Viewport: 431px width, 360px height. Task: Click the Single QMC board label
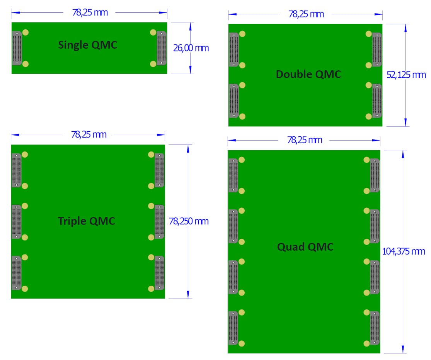coord(87,45)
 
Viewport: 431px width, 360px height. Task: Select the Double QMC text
coord(308,74)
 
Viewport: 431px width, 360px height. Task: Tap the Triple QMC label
coord(87,221)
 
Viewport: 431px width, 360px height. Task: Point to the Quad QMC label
coord(305,247)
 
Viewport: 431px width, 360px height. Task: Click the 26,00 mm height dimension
coord(191,48)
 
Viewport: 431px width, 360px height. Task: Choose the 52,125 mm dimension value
coord(406,75)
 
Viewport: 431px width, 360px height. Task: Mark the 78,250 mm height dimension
coord(189,221)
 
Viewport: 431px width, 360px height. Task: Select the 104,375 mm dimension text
coord(404,251)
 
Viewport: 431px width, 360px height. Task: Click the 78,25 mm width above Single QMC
coord(90,12)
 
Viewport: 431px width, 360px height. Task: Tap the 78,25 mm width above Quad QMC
coord(305,140)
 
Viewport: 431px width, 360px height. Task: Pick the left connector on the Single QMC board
coord(17,48)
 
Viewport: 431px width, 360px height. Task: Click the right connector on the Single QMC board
coord(161,48)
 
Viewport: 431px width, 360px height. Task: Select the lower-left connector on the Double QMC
coord(234,100)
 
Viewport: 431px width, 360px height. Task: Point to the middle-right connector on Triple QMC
coord(159,222)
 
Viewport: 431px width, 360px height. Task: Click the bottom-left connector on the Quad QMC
coord(233,328)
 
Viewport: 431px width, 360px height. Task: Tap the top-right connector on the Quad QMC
coord(375,175)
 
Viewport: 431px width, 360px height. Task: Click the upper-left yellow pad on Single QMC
coord(26,32)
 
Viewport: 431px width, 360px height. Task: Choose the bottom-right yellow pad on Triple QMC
coord(151,289)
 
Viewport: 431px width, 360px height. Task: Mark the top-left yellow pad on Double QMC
coord(242,34)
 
